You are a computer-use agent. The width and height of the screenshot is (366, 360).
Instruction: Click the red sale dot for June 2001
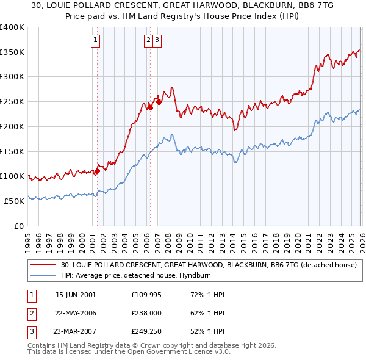coord(97,171)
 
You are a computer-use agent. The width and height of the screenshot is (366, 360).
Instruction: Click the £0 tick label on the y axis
coord(19,226)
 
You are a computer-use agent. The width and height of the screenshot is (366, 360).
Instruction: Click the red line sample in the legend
coord(43,265)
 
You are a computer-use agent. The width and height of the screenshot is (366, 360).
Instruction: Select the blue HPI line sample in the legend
coord(43,275)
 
